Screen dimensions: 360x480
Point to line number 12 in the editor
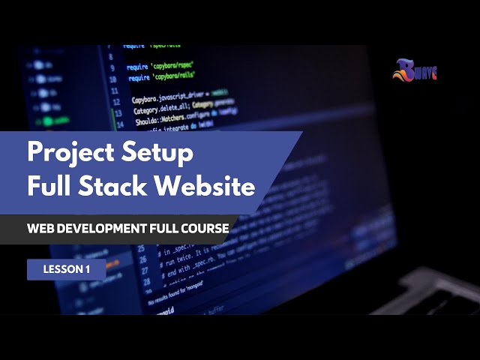pos(114,103)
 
